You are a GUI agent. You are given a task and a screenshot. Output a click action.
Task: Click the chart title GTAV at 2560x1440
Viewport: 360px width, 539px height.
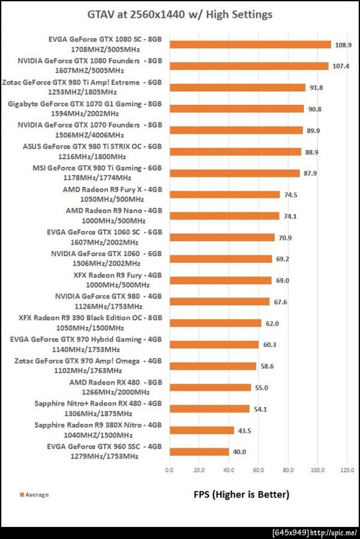pos(180,14)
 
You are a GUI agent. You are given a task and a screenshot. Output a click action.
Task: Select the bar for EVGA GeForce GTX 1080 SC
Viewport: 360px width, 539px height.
pos(250,44)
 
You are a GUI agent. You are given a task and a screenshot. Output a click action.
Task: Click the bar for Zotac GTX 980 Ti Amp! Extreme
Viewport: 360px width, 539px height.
pos(238,88)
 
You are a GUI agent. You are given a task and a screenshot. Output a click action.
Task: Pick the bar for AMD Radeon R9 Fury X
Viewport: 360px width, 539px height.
pos(224,194)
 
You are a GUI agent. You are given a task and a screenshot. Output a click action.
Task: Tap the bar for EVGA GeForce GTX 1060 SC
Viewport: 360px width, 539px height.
pos(222,237)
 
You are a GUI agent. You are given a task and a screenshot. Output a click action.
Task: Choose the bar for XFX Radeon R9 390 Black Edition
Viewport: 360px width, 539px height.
pos(215,323)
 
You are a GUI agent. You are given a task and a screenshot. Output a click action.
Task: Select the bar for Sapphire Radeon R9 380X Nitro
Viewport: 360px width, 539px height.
pos(202,430)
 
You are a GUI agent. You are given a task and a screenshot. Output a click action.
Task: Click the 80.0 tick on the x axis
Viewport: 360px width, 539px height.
pos(288,470)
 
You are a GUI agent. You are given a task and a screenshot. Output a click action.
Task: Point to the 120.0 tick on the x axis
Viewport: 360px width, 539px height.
pos(347,470)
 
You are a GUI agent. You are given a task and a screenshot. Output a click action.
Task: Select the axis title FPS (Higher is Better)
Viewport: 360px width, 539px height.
pos(241,495)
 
